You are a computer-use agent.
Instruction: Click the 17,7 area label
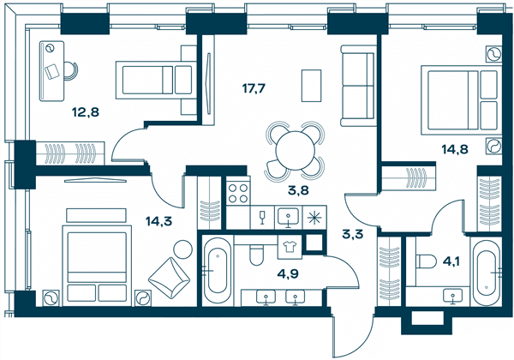point(253,88)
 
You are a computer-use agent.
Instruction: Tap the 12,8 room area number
point(86,112)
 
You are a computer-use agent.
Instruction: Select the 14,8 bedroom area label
point(455,149)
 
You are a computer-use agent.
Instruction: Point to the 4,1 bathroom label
point(451,261)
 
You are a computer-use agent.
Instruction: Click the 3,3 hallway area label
point(352,234)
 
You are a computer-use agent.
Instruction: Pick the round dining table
point(296,151)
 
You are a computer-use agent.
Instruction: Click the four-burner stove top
point(238,193)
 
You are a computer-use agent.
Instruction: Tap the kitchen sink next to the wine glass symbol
point(288,217)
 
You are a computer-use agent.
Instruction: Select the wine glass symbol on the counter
point(262,217)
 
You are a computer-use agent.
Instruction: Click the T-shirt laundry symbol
point(290,247)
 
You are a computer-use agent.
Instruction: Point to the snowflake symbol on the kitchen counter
point(314,217)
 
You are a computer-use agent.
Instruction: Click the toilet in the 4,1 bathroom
point(426,261)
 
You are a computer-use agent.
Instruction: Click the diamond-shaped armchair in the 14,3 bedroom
point(169,278)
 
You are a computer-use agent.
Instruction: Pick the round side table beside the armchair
point(182,249)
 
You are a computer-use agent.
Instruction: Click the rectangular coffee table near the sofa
point(312,86)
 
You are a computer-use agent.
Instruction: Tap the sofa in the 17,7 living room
point(358,86)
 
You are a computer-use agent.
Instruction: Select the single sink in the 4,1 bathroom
point(453,296)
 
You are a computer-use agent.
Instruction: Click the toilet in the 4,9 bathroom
point(256,255)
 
